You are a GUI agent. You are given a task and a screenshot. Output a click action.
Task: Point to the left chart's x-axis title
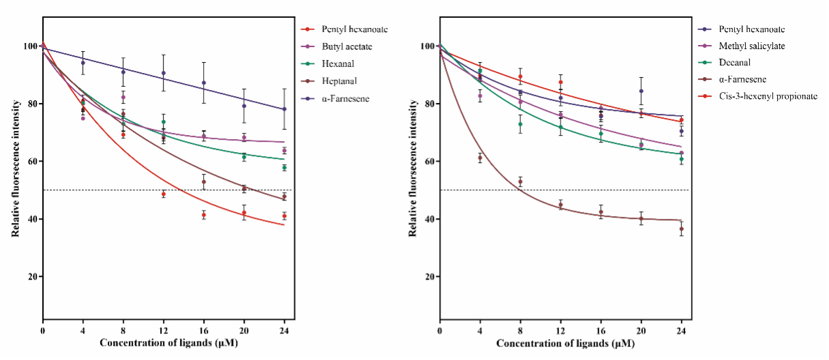click(164, 342)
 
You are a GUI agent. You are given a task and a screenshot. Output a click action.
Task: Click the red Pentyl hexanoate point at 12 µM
click(164, 194)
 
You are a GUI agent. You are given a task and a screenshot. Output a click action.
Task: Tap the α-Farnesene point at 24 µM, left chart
click(284, 109)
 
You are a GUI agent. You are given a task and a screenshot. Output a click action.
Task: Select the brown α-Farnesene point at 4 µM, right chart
click(480, 157)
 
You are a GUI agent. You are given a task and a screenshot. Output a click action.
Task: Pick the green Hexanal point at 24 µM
click(284, 168)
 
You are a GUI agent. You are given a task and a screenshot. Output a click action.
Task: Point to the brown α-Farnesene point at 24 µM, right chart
click(681, 229)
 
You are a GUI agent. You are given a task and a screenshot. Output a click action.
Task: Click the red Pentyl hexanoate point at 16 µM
click(204, 215)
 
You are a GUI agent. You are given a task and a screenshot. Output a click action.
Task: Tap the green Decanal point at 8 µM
click(520, 124)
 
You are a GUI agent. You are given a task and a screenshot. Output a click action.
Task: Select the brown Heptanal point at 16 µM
click(204, 182)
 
